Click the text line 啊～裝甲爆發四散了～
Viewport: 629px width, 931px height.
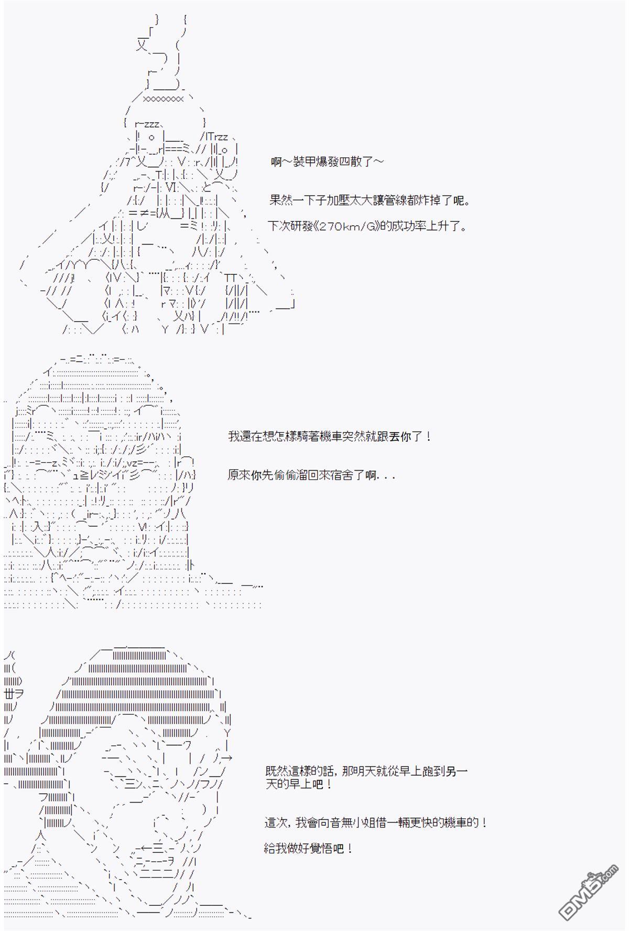(328, 161)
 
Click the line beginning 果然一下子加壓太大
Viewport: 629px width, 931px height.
(370, 200)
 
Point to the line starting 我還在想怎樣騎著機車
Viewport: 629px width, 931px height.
(330, 436)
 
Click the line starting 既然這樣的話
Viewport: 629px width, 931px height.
(366, 771)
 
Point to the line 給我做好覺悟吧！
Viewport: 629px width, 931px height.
(309, 848)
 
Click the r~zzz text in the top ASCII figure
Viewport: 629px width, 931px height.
(149, 124)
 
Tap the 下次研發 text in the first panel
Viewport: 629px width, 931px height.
(286, 227)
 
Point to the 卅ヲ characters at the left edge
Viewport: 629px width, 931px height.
(12, 693)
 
